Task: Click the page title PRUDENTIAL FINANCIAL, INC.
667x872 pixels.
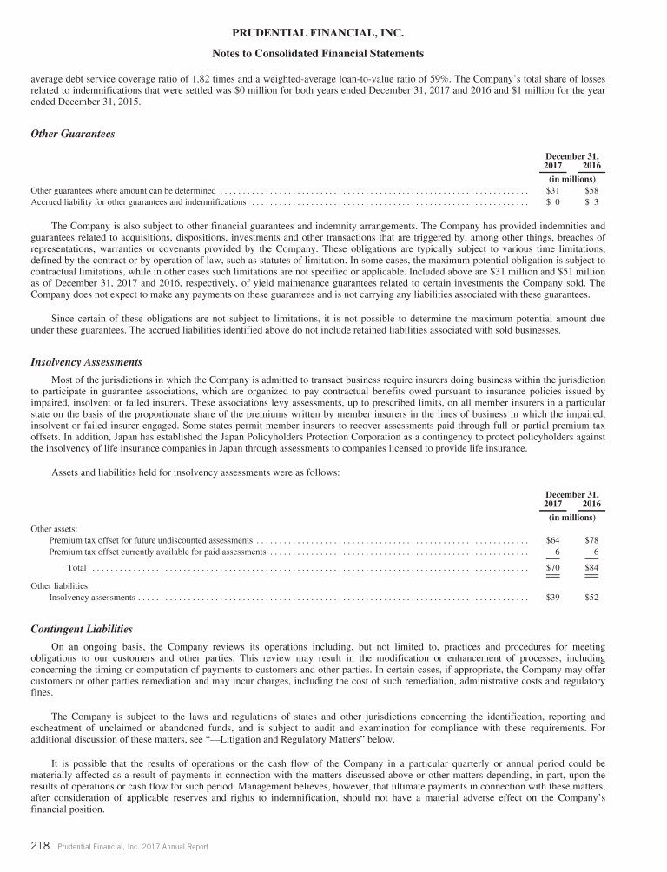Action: [333, 34]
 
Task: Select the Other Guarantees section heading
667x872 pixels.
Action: [73, 134]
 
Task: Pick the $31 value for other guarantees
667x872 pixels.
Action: [552, 189]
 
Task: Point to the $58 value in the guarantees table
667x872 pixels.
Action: [591, 189]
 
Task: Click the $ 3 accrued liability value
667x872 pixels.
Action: [591, 201]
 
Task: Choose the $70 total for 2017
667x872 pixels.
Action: [552, 568]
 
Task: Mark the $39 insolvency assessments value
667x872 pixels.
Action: [552, 598]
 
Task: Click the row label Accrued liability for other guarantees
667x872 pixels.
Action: [138, 201]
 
